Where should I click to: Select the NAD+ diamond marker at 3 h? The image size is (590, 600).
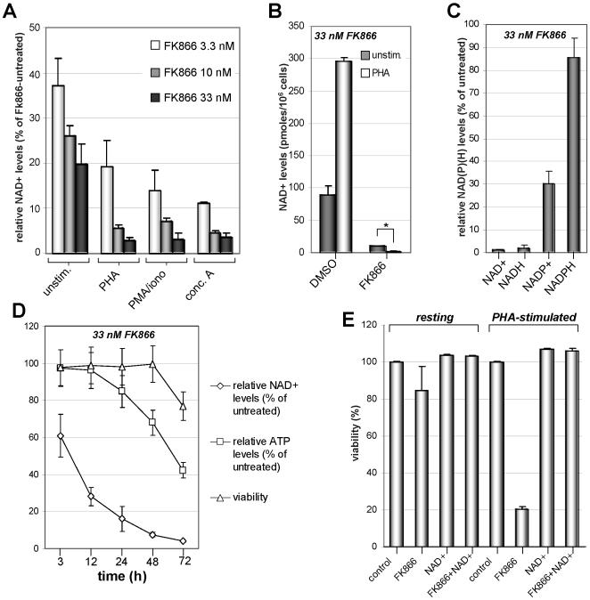61,435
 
